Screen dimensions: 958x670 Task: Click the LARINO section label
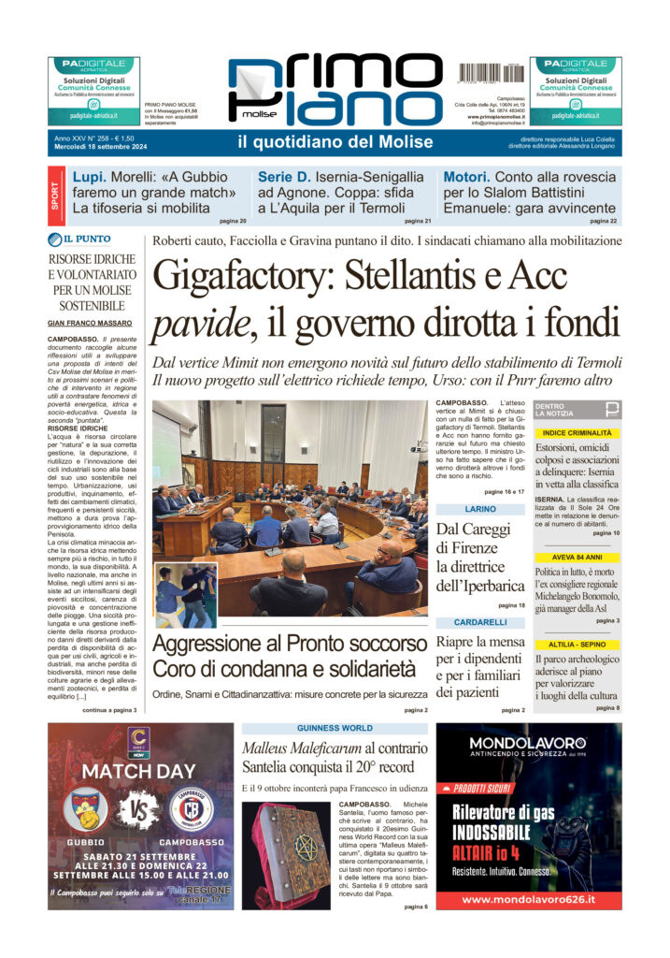point(480,509)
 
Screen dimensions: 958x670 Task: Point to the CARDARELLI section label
point(480,622)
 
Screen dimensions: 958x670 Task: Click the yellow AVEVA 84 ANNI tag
point(577,558)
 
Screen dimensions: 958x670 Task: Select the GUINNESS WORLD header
point(335,728)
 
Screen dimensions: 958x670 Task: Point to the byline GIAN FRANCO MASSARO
point(91,324)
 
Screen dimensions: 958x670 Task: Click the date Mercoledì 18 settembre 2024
point(101,146)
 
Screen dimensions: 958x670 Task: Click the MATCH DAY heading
point(140,772)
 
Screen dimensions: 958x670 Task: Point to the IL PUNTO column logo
point(93,239)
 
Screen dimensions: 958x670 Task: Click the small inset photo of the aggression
point(186,594)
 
